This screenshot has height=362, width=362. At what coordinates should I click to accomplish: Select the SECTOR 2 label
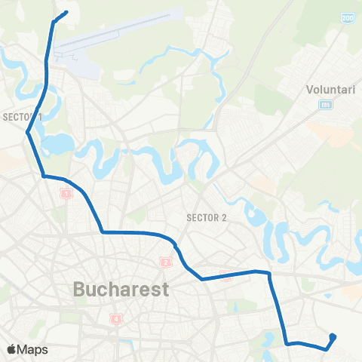206,218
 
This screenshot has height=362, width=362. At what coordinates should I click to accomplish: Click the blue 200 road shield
347,17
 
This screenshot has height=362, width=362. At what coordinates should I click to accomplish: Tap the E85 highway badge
325,104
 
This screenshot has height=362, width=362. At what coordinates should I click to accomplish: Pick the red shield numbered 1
66,194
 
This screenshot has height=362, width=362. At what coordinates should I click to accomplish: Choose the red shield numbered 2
165,262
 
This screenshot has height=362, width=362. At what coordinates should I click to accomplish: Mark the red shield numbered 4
115,318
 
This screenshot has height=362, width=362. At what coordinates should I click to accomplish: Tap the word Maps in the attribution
33,350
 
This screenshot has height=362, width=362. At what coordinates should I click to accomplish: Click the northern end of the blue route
66,11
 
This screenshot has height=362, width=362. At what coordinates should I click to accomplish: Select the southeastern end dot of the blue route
333,336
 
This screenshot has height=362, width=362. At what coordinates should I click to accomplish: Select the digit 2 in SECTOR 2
223,218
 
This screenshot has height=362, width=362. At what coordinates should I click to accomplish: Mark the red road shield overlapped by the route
226,275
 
